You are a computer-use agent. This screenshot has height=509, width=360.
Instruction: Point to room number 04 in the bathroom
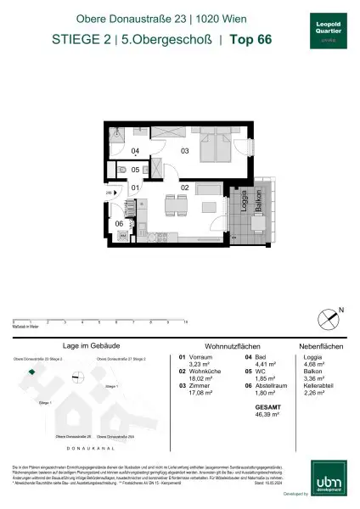[x=135, y=151]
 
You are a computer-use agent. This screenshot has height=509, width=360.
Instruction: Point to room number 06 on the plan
[x=120, y=224]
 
